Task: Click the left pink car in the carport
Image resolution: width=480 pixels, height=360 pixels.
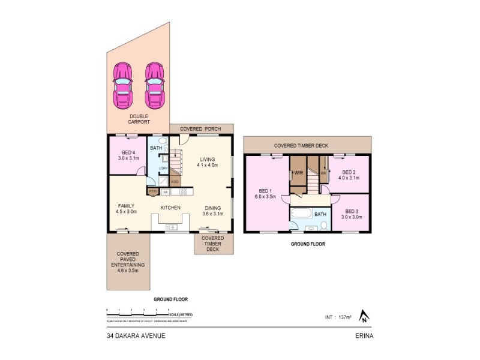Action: point(122,85)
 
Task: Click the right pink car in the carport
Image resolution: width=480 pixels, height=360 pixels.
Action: point(154,85)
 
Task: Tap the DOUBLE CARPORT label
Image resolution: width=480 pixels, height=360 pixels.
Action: point(139,119)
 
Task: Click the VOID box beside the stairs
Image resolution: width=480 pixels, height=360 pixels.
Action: point(175,182)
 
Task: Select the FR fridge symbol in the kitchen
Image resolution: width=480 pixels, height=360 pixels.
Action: point(166,192)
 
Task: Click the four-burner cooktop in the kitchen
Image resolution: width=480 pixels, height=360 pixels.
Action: point(182,192)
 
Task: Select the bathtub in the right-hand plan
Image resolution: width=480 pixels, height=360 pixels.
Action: point(301,214)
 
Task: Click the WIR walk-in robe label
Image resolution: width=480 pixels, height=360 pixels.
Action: point(298,173)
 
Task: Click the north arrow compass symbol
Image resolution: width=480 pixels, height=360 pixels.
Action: point(363,315)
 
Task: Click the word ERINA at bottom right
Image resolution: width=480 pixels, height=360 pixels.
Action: point(364,335)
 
